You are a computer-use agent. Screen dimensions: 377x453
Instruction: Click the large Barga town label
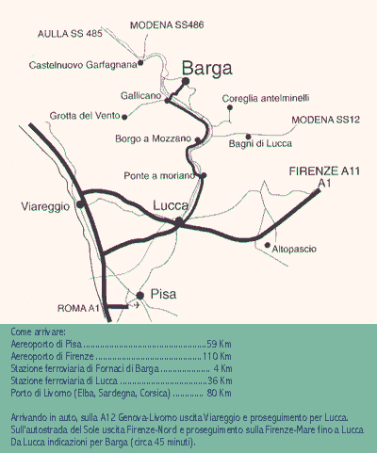(x=207, y=69)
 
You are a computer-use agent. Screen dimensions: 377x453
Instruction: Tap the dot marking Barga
(x=186, y=81)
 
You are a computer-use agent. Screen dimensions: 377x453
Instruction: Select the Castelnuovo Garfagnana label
(x=83, y=65)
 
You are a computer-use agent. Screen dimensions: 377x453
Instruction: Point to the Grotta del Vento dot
(x=124, y=117)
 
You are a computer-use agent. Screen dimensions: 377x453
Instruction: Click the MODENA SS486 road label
(x=167, y=25)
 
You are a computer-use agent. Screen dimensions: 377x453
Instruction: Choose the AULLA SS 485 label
(x=70, y=34)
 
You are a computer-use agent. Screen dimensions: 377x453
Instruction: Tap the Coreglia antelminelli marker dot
(x=230, y=107)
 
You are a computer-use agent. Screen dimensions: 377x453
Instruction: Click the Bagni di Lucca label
(x=260, y=144)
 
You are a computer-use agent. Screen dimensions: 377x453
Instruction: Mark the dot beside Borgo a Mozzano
(x=198, y=139)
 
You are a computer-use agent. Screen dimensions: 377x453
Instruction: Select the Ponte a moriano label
(x=159, y=175)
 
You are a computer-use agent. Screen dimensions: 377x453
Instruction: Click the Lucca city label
(x=171, y=205)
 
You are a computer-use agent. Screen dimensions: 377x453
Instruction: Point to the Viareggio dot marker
(x=80, y=204)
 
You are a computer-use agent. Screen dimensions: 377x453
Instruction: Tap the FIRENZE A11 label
(x=324, y=171)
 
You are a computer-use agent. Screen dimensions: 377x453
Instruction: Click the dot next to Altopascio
(x=268, y=245)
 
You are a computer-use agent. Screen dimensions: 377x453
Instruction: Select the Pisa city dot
(x=140, y=296)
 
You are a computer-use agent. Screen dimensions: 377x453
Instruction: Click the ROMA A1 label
(x=78, y=308)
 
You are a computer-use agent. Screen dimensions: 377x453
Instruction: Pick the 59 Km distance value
(x=219, y=344)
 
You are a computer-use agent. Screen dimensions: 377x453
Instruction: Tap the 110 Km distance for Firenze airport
(x=217, y=356)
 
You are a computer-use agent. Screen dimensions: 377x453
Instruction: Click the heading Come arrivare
(x=38, y=332)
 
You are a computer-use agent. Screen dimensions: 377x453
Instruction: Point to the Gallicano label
(x=140, y=95)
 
